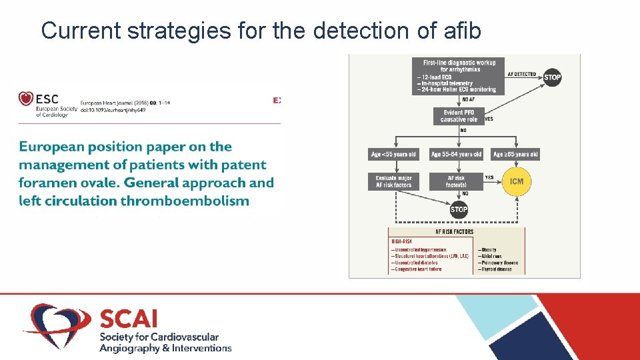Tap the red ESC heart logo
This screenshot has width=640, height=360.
point(26,99)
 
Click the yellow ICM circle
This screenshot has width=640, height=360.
point(516,181)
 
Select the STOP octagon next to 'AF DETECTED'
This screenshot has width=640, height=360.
point(552,77)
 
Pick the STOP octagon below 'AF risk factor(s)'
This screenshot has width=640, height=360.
point(459,210)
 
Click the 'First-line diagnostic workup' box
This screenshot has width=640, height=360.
point(459,75)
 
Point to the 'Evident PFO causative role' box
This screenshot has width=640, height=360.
point(459,116)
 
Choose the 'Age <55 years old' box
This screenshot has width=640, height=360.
point(393,154)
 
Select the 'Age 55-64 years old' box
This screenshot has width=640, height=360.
point(456,154)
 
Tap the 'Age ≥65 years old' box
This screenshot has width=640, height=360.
point(515,154)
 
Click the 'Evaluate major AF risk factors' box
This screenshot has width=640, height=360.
point(393,181)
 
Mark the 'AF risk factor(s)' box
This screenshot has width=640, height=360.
point(456,181)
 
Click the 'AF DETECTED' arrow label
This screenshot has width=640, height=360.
point(522,74)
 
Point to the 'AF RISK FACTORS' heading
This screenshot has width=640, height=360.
point(454,232)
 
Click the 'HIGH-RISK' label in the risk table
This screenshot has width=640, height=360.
point(402,241)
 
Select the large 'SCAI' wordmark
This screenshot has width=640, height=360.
point(129,318)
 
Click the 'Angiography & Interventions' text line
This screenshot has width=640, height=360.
point(165,348)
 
